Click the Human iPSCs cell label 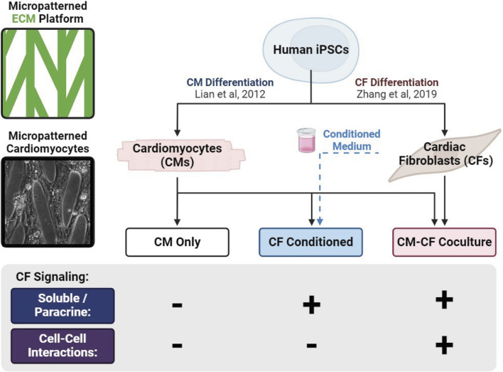click(x=311, y=50)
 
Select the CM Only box click(x=177, y=243)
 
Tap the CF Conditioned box click(x=310, y=243)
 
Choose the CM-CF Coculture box click(x=444, y=243)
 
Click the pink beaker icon click(x=306, y=140)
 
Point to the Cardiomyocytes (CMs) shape click(x=181, y=155)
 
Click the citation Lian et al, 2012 click(x=230, y=94)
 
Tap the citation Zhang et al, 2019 click(x=396, y=94)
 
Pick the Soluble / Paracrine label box click(x=63, y=306)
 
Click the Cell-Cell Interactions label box click(x=63, y=346)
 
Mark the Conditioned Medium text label click(x=352, y=140)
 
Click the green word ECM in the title click(x=23, y=18)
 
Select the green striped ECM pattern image click(x=48, y=73)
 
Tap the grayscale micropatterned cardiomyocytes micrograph click(x=48, y=202)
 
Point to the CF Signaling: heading click(x=52, y=277)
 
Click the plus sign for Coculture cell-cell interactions click(x=444, y=346)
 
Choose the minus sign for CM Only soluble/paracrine click(x=177, y=305)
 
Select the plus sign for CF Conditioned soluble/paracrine click(x=311, y=304)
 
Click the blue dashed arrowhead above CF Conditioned click(x=320, y=221)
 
